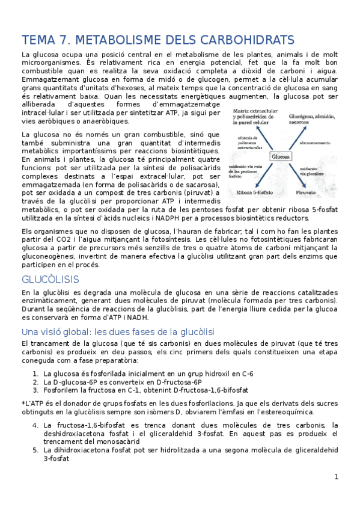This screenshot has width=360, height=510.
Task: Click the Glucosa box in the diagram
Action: click(x=280, y=156)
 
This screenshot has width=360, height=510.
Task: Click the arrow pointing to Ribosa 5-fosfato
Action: click(x=265, y=174)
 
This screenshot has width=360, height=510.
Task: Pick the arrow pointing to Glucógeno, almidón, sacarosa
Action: click(x=298, y=138)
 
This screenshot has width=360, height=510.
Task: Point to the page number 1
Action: click(x=337, y=477)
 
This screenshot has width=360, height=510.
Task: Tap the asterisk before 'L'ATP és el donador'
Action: click(x=22, y=403)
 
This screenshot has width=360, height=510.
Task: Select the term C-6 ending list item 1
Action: click(x=247, y=373)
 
